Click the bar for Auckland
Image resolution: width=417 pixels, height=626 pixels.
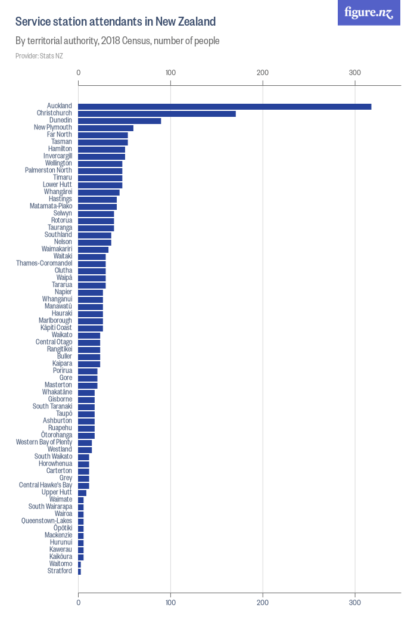(225, 107)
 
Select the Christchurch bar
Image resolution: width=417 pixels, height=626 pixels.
(157, 114)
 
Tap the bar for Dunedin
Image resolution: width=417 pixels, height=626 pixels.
(120, 121)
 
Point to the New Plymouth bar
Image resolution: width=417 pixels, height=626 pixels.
(106, 128)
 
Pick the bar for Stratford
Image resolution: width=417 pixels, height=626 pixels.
(79, 572)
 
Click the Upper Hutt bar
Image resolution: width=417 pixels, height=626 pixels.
(82, 493)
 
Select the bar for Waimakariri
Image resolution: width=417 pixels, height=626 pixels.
(94, 250)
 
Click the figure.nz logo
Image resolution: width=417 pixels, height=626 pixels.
(369, 13)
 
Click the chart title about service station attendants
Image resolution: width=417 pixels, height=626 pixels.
(116, 21)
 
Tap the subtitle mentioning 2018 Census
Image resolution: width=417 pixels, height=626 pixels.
(117, 41)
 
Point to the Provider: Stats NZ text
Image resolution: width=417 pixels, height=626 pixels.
(39, 56)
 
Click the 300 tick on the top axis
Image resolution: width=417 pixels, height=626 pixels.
(355, 73)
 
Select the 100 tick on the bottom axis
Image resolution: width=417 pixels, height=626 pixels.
(170, 602)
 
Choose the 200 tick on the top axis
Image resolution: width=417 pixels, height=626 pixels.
(263, 73)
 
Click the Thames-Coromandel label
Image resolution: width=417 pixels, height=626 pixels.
(44, 263)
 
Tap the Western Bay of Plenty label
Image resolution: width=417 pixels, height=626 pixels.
(44, 442)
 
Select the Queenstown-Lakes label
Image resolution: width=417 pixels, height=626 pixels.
(46, 520)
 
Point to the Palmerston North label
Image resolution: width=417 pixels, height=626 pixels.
(49, 170)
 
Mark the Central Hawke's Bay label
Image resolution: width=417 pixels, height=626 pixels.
(45, 485)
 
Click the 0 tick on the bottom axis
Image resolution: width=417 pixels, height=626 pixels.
(78, 602)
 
